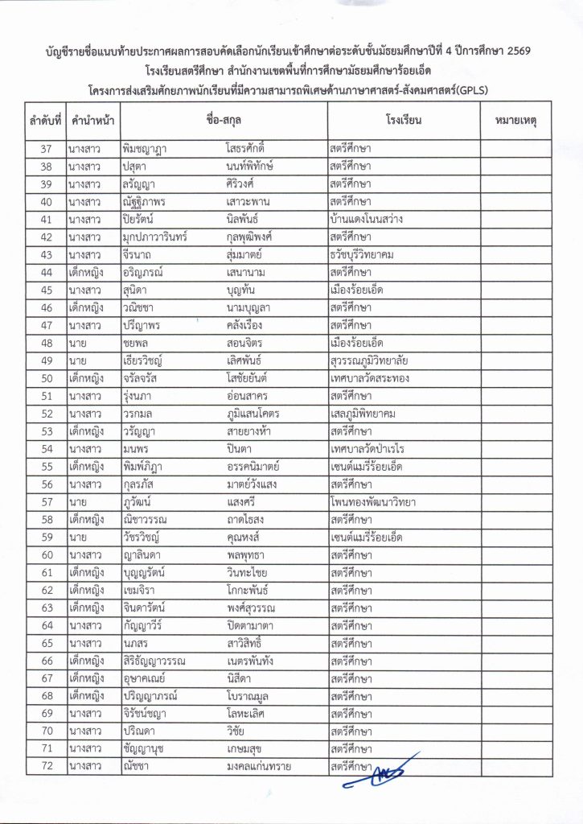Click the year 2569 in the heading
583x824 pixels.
point(518,51)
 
